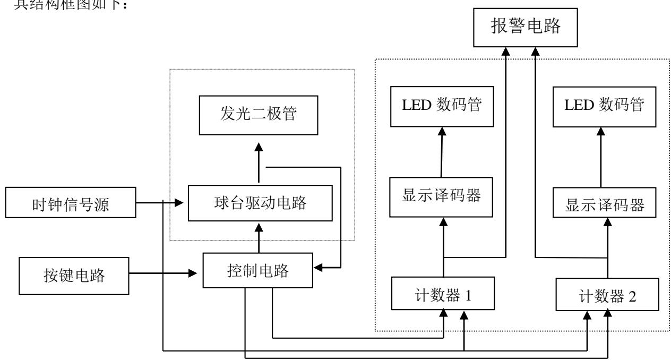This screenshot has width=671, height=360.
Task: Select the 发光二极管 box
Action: pos(259,115)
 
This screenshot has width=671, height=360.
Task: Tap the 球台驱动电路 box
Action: pos(260,203)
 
